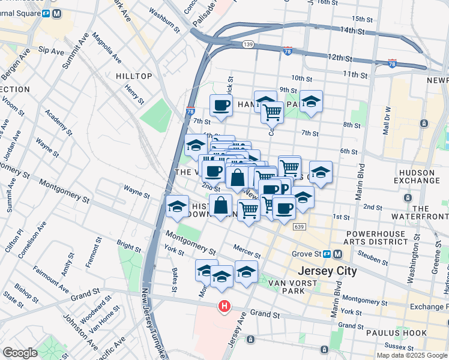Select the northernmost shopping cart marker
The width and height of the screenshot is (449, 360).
(x=272, y=111)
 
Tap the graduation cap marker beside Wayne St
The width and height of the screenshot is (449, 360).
(x=178, y=207)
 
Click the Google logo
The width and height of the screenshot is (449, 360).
(x=20, y=353)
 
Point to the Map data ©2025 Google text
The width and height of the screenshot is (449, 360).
(x=412, y=355)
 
